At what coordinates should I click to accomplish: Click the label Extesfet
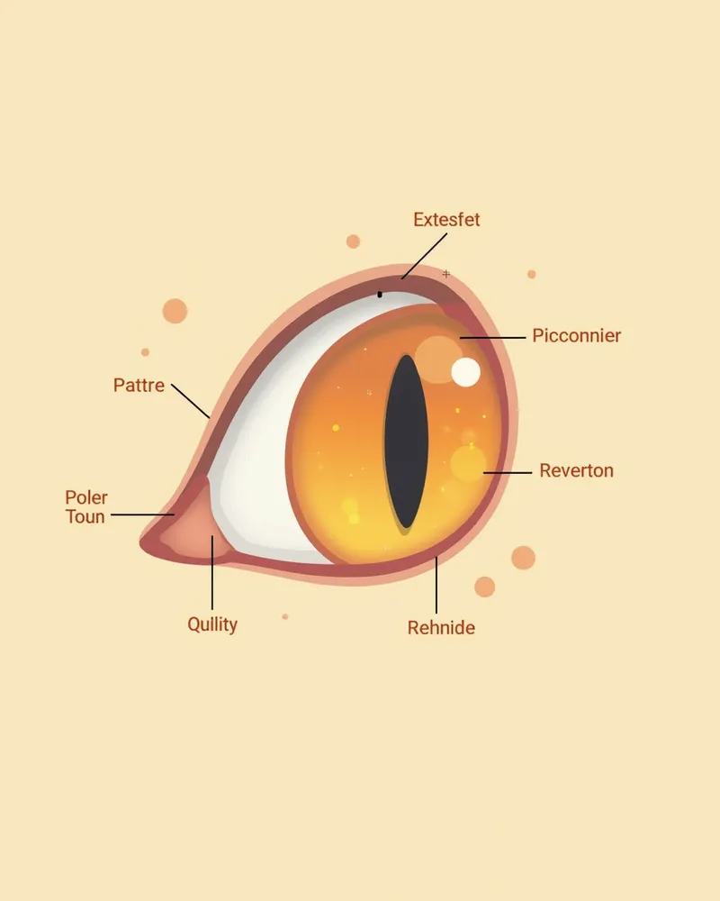446,220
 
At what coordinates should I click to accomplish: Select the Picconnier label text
577,335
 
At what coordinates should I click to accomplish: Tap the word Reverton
577,470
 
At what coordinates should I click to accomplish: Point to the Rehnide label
441,627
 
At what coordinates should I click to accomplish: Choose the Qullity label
212,624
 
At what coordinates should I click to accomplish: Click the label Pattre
139,385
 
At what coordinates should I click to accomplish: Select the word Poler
86,497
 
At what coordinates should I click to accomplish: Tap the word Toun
85,516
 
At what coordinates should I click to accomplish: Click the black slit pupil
407,441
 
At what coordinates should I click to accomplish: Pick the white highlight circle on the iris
465,372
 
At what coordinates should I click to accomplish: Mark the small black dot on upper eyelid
380,295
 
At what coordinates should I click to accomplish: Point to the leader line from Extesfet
424,256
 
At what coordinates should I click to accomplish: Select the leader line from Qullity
212,572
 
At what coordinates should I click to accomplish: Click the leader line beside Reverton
508,473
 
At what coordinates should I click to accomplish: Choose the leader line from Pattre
191,401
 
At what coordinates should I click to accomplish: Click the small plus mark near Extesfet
446,274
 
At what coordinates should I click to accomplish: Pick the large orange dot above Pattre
175,311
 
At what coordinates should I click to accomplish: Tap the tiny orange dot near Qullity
285,616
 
